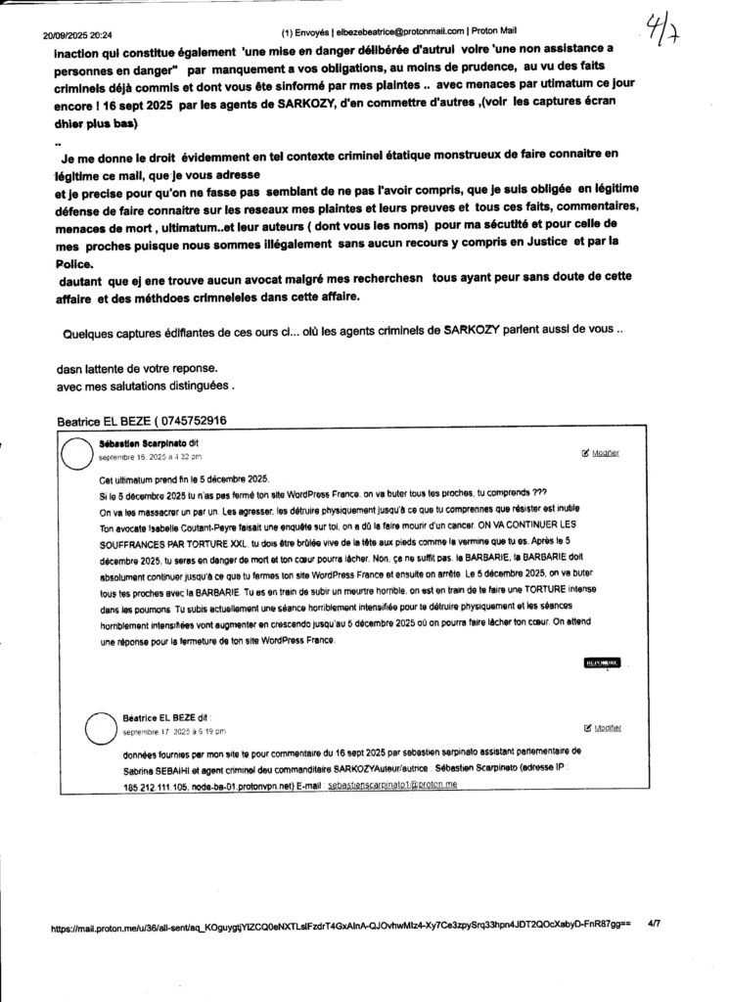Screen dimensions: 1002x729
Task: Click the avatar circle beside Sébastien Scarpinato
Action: (x=79, y=457)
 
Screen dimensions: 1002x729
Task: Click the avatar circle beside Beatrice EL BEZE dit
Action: (x=105, y=728)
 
